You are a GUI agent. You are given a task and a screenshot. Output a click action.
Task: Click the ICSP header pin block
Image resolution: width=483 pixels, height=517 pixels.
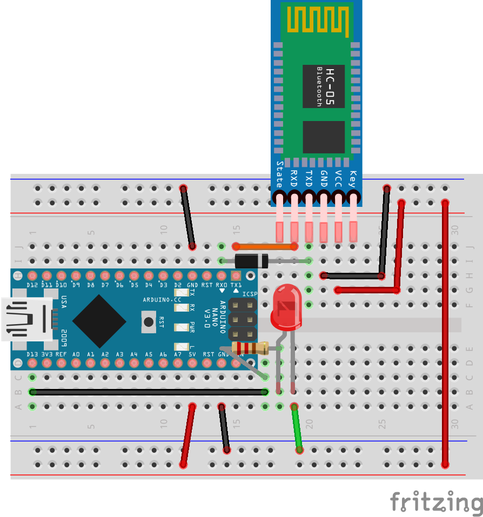coord(242,319)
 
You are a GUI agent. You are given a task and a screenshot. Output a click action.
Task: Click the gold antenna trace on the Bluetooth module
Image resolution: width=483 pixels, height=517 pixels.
coord(317,20)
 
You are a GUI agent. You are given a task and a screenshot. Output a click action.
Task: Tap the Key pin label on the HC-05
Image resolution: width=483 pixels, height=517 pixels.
coord(353,178)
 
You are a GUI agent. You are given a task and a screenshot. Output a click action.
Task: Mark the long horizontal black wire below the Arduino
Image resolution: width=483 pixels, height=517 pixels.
coord(149,392)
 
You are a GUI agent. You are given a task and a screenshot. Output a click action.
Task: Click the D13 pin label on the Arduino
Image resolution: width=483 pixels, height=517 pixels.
coord(32,354)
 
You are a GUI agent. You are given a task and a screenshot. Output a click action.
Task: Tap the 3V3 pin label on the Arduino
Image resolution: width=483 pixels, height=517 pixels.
coord(46,354)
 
